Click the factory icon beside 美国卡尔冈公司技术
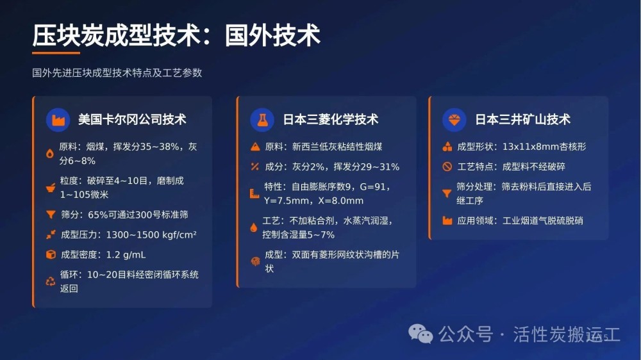coord(58,120)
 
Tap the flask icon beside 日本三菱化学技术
coord(262,120)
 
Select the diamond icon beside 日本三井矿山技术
coord(454,120)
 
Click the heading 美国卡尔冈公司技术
coord(132,119)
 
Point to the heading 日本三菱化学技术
coord(331,119)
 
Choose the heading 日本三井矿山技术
coord(522,119)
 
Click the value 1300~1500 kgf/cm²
coord(151,234)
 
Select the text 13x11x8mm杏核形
coord(544,147)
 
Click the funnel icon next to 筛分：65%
coord(51,214)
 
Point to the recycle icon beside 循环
coord(50,281)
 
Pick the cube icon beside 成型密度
coord(51,254)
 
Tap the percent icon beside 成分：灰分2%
coord(255,167)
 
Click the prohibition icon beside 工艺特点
coord(447,167)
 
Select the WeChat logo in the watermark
coord(420,334)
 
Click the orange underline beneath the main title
coord(56,53)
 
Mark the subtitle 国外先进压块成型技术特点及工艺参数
coord(117,73)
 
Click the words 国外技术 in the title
coord(272,35)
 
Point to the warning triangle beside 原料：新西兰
coord(255,146)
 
